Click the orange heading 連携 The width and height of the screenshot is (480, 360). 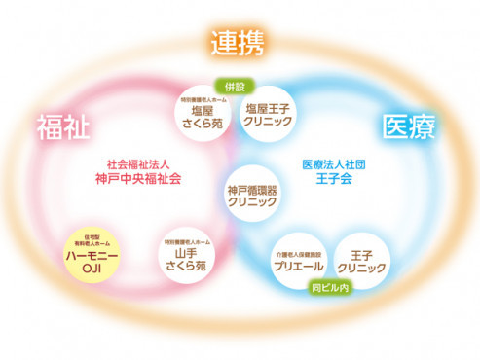tap(239, 42)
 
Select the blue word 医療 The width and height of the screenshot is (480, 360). tap(408, 126)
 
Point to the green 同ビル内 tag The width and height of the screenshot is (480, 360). tap(329, 288)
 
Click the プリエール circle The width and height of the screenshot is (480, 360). tap(299, 259)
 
